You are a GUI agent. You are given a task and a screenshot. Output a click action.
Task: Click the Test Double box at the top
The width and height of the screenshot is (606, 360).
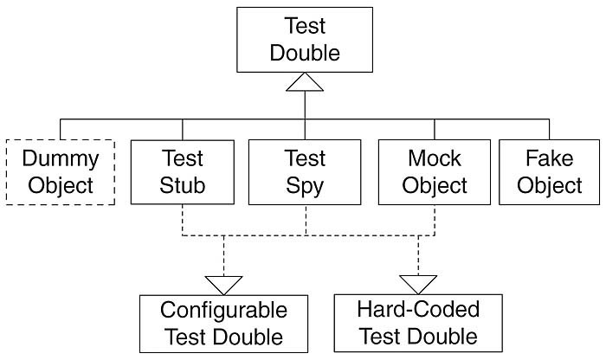tap(305, 40)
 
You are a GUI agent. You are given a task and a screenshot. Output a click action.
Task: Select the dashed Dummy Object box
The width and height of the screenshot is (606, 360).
tap(60, 171)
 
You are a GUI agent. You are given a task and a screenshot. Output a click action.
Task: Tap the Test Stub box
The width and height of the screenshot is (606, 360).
tap(182, 171)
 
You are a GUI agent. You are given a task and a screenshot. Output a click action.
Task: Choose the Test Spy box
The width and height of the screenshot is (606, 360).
tap(305, 171)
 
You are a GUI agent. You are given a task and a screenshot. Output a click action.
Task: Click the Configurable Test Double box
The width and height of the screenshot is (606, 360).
tap(223, 323)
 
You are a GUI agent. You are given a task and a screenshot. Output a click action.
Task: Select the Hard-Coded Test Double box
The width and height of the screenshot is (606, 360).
tap(418, 323)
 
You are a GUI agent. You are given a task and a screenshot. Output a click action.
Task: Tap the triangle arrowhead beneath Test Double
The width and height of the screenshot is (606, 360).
tap(305, 82)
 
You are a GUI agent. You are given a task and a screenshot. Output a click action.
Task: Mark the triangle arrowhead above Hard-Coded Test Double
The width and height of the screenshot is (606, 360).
tap(418, 284)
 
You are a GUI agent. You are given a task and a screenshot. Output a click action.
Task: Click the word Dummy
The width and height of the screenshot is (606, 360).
tap(60, 159)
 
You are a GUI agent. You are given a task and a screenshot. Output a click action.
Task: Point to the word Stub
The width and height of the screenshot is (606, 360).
tap(182, 185)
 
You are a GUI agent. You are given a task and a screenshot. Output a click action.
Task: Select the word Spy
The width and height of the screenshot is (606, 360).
tap(305, 185)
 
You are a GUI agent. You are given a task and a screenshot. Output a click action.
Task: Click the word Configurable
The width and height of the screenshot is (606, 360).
tap(223, 310)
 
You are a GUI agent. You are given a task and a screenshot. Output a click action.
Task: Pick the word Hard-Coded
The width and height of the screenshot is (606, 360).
tap(418, 309)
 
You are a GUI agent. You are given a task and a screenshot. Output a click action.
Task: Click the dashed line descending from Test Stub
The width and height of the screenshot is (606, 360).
tap(182, 220)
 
